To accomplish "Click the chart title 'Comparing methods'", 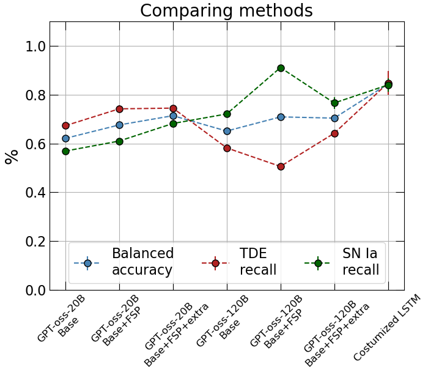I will pyautogui.click(x=226, y=11).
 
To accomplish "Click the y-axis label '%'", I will pyautogui.click(x=12, y=156).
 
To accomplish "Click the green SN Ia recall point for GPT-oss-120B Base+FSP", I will pyautogui.click(x=281, y=68).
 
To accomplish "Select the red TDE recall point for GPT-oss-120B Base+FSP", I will pyautogui.click(x=281, y=166).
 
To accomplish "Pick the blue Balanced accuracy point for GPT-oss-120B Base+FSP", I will pyautogui.click(x=281, y=117).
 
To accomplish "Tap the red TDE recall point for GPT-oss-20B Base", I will pyautogui.click(x=65, y=125).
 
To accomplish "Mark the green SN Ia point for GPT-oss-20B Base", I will pyautogui.click(x=65, y=151).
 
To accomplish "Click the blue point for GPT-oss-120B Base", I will pyautogui.click(x=227, y=131).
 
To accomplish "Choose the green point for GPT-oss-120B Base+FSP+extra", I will pyautogui.click(x=334, y=103).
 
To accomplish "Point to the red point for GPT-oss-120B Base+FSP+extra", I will pyautogui.click(x=334, y=133).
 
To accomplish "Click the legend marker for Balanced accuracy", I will pyautogui.click(x=87, y=263).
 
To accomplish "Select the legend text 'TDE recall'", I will pyautogui.click(x=258, y=262).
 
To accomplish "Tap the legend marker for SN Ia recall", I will pyautogui.click(x=318, y=263).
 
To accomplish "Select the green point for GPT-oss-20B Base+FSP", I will pyautogui.click(x=119, y=141).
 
